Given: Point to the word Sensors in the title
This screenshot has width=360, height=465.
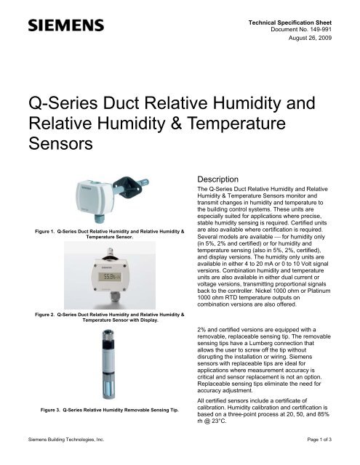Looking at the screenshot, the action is [60, 144].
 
